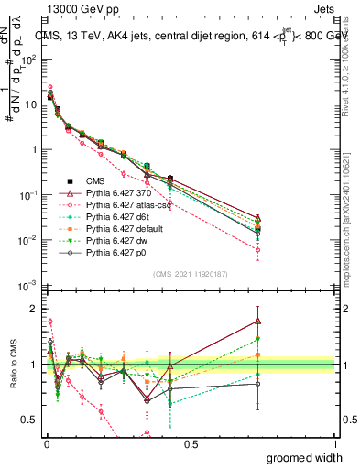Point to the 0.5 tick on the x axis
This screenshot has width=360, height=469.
[x=191, y=443]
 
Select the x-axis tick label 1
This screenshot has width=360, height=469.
[x=335, y=443]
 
